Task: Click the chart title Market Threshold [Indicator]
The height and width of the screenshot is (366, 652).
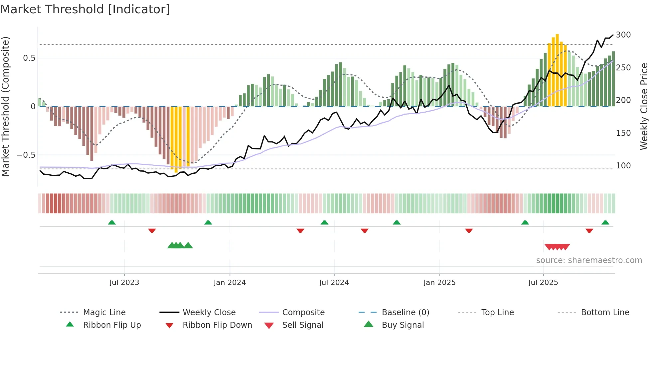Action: pos(85,9)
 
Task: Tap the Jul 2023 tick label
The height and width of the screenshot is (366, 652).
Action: pos(124,283)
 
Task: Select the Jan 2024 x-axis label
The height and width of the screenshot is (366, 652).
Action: pos(230,283)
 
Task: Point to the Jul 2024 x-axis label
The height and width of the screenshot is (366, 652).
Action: pos(334,283)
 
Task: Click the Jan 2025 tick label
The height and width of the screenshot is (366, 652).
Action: pos(439,283)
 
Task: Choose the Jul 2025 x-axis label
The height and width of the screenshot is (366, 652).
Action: pos(543,283)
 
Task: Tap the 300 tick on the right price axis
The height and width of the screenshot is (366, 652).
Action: pos(623,35)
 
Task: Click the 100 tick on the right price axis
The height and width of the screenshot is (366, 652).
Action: pos(623,166)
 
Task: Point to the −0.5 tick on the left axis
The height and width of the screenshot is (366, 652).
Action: pos(26,155)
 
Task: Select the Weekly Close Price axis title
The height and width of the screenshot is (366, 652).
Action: pos(644,106)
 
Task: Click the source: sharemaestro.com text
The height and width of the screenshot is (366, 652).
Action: pos(589,260)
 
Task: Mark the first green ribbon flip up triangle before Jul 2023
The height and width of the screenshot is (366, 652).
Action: pos(112,223)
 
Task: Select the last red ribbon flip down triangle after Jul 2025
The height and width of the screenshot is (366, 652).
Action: pos(589,230)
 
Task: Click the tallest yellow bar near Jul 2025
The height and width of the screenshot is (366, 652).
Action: pos(557,70)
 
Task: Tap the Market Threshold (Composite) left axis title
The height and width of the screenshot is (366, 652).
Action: pos(5,106)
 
